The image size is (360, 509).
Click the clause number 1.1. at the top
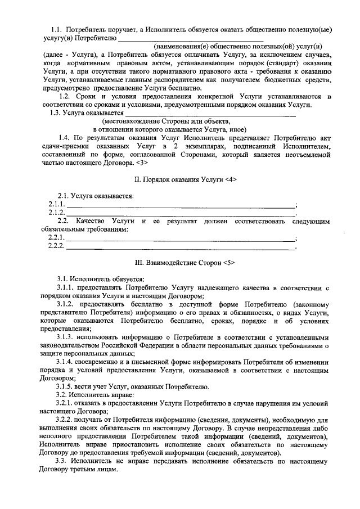56,28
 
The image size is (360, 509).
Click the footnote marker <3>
141,163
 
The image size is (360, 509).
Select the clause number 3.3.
62,461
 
